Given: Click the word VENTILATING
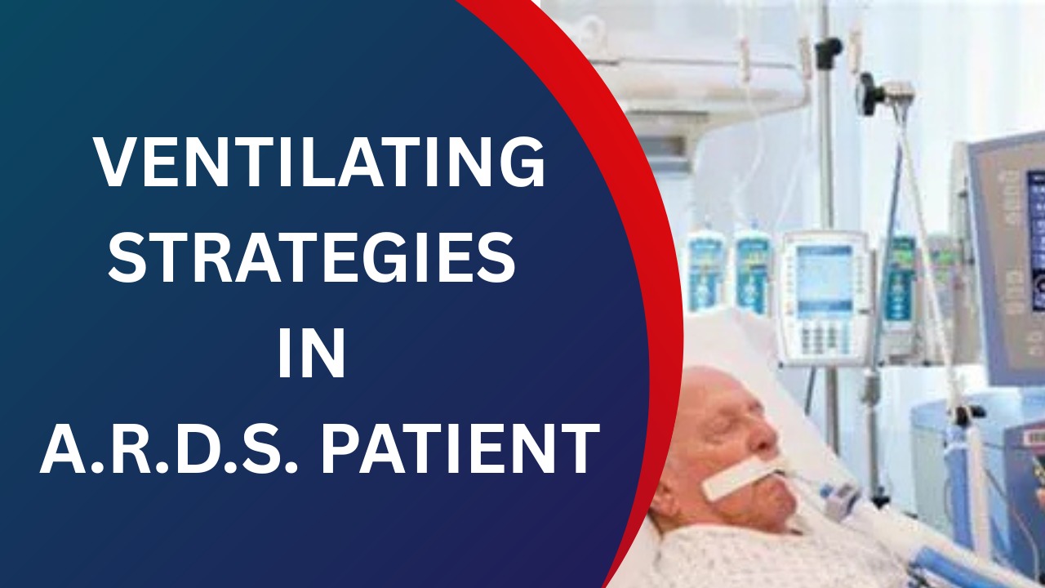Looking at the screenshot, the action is pyautogui.click(x=319, y=162).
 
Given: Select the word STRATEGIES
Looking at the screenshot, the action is pyautogui.click(x=312, y=257).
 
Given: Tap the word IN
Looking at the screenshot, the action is pyautogui.click(x=312, y=353).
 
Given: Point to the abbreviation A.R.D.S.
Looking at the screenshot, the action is pyautogui.click(x=169, y=448).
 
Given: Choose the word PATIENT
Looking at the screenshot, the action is pyautogui.click(x=460, y=448).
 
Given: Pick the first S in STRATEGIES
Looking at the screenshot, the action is pyautogui.click(x=128, y=257).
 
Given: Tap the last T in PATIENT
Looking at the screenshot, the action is pyautogui.click(x=576, y=448).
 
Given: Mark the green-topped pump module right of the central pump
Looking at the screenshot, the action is pyautogui.click(x=899, y=280).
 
